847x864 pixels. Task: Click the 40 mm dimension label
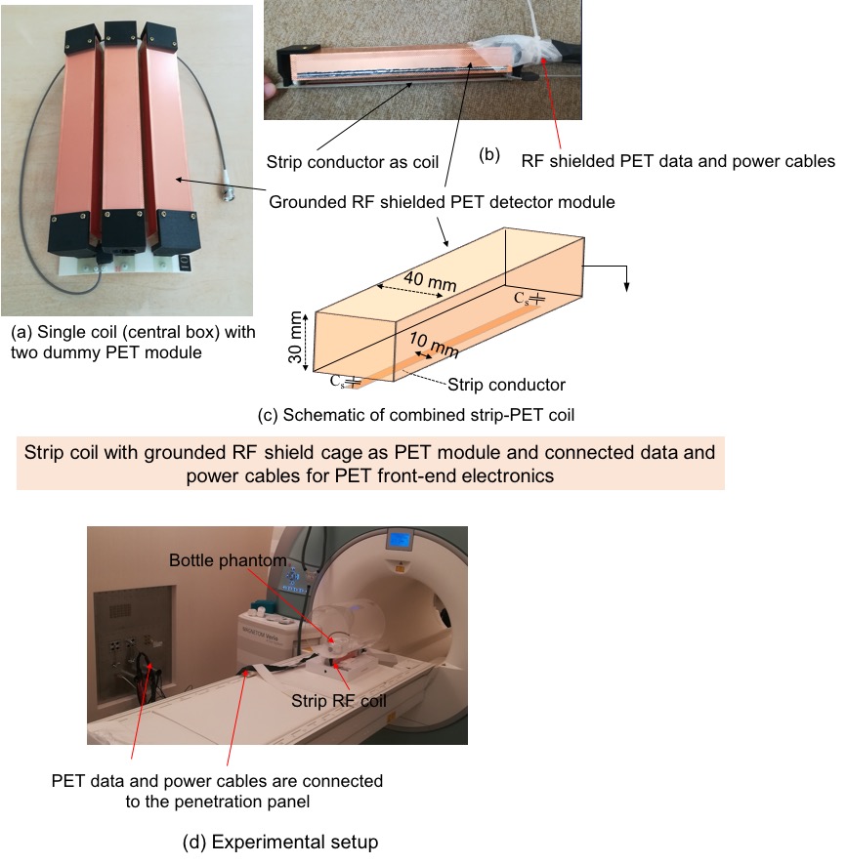[430, 280]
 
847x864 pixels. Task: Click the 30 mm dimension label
[296, 338]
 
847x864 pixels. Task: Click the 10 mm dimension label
[434, 345]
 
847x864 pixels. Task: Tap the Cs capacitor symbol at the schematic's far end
[529, 299]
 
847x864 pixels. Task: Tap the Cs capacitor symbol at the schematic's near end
[345, 382]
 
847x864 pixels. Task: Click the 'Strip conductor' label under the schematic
[506, 385]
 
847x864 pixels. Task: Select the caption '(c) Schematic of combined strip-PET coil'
[416, 415]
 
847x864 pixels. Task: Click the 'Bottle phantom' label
[228, 560]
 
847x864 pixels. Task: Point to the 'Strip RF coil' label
[339, 701]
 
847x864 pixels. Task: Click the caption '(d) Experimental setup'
[280, 842]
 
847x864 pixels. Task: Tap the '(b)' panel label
[489, 155]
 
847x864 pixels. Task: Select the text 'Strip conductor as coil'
[353, 162]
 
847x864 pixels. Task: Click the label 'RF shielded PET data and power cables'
[678, 161]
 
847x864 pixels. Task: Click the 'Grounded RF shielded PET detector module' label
[442, 202]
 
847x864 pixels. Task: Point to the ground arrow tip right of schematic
[626, 289]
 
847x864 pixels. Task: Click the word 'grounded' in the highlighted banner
[186, 452]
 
